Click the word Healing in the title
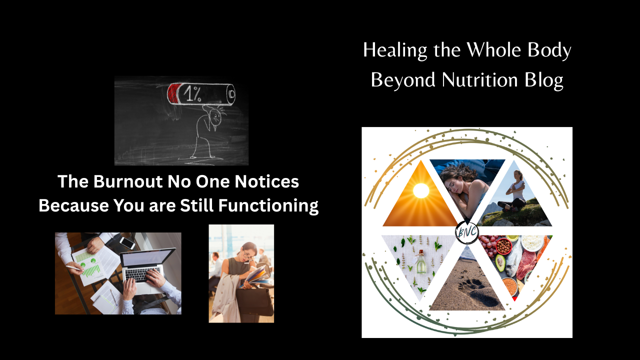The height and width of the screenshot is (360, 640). [395, 50]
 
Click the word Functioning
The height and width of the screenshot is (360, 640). [268, 206]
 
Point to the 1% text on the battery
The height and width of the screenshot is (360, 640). [192, 93]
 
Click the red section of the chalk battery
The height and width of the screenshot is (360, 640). [173, 93]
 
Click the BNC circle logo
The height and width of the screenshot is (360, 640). [466, 232]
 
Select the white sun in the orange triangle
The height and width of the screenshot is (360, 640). [421, 190]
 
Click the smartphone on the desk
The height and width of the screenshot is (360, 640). [127, 243]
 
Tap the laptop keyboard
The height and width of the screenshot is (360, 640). [142, 274]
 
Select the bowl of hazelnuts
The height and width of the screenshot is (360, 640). [503, 246]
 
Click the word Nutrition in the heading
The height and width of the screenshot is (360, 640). [479, 80]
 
